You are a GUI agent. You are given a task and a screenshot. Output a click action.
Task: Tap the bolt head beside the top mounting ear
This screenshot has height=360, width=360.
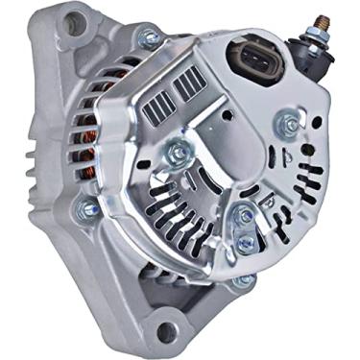[149, 37]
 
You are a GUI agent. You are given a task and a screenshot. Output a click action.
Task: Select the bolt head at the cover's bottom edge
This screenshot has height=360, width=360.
[246, 280]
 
